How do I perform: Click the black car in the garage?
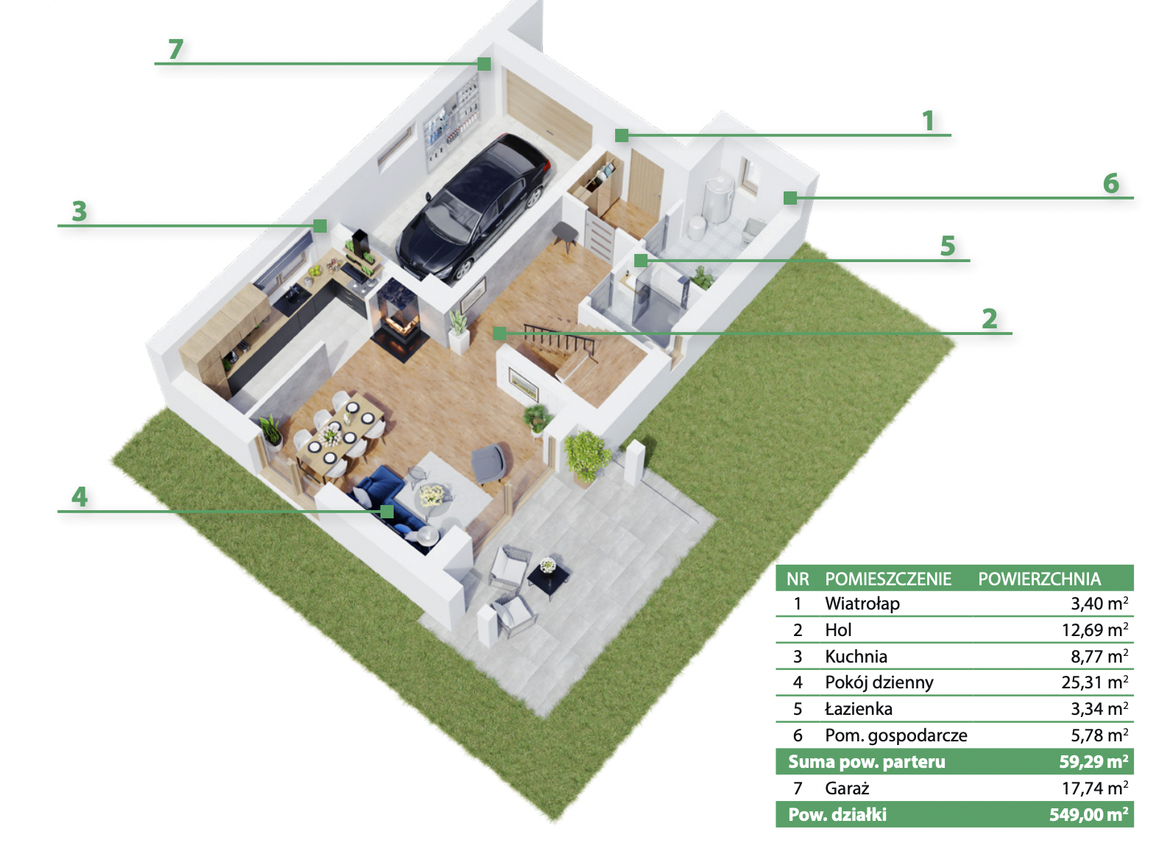coord(474,208)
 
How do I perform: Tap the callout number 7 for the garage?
coord(176,49)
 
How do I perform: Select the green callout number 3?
coord(79,211)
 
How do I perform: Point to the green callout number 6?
coord(1111,183)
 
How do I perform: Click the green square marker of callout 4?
coord(386,512)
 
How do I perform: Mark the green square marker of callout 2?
coord(499,334)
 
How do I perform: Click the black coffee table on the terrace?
coord(549,578)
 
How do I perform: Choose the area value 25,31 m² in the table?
coord(1095,682)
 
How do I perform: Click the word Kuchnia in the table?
coord(856,657)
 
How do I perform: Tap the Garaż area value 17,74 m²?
coord(1095,788)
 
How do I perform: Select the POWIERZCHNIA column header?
coord(1040,579)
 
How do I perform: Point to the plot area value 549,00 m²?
coord(1089,814)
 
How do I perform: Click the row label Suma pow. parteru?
coord(866,762)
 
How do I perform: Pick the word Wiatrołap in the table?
coord(862,604)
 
